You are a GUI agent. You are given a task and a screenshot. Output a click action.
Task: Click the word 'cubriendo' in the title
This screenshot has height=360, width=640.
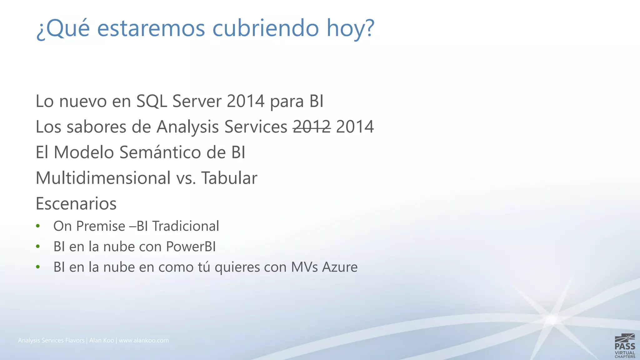click(x=266, y=28)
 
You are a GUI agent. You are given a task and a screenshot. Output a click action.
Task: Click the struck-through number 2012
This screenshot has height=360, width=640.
click(x=312, y=127)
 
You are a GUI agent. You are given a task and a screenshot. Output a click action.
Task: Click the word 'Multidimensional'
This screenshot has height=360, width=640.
click(x=103, y=178)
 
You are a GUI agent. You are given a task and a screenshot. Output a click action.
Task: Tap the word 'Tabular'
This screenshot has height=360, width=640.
click(x=229, y=178)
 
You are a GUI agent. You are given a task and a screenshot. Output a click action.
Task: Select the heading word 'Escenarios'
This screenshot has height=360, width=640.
click(x=76, y=204)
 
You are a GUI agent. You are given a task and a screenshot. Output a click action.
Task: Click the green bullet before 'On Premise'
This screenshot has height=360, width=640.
click(x=38, y=226)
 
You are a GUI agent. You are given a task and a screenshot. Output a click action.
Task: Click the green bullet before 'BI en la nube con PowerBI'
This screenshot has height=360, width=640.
click(x=38, y=247)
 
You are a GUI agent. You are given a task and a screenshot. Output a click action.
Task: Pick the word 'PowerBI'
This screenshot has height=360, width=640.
click(x=191, y=247)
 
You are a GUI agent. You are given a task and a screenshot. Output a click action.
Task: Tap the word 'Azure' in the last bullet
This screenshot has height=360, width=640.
click(x=340, y=267)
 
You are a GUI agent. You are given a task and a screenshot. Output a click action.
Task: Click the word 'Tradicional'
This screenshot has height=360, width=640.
click(x=186, y=226)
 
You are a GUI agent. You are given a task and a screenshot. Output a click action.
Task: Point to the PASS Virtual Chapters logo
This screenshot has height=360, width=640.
click(x=625, y=346)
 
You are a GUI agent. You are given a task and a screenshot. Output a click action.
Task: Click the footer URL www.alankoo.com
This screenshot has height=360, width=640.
click(x=144, y=340)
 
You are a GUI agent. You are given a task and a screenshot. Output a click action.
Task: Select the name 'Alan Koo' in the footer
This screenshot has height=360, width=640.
click(x=102, y=340)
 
